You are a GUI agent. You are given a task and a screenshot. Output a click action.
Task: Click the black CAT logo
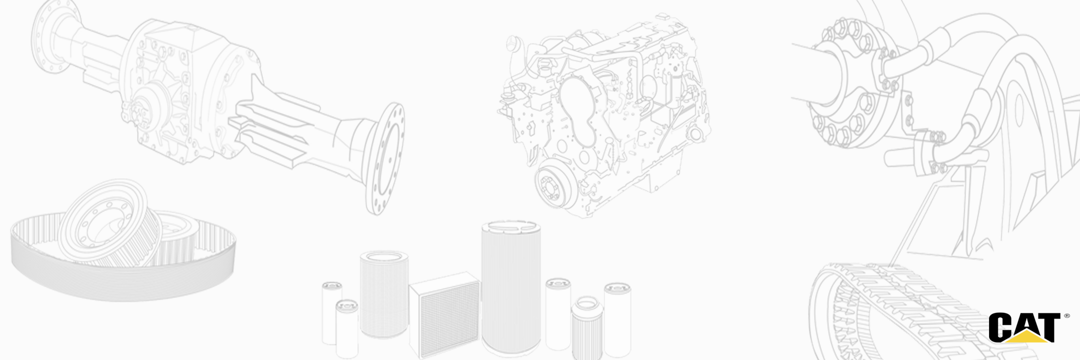(1024, 328)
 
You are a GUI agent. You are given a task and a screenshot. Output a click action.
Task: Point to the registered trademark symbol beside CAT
(1067, 316)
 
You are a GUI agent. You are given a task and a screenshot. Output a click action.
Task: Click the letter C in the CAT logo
(1000, 327)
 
